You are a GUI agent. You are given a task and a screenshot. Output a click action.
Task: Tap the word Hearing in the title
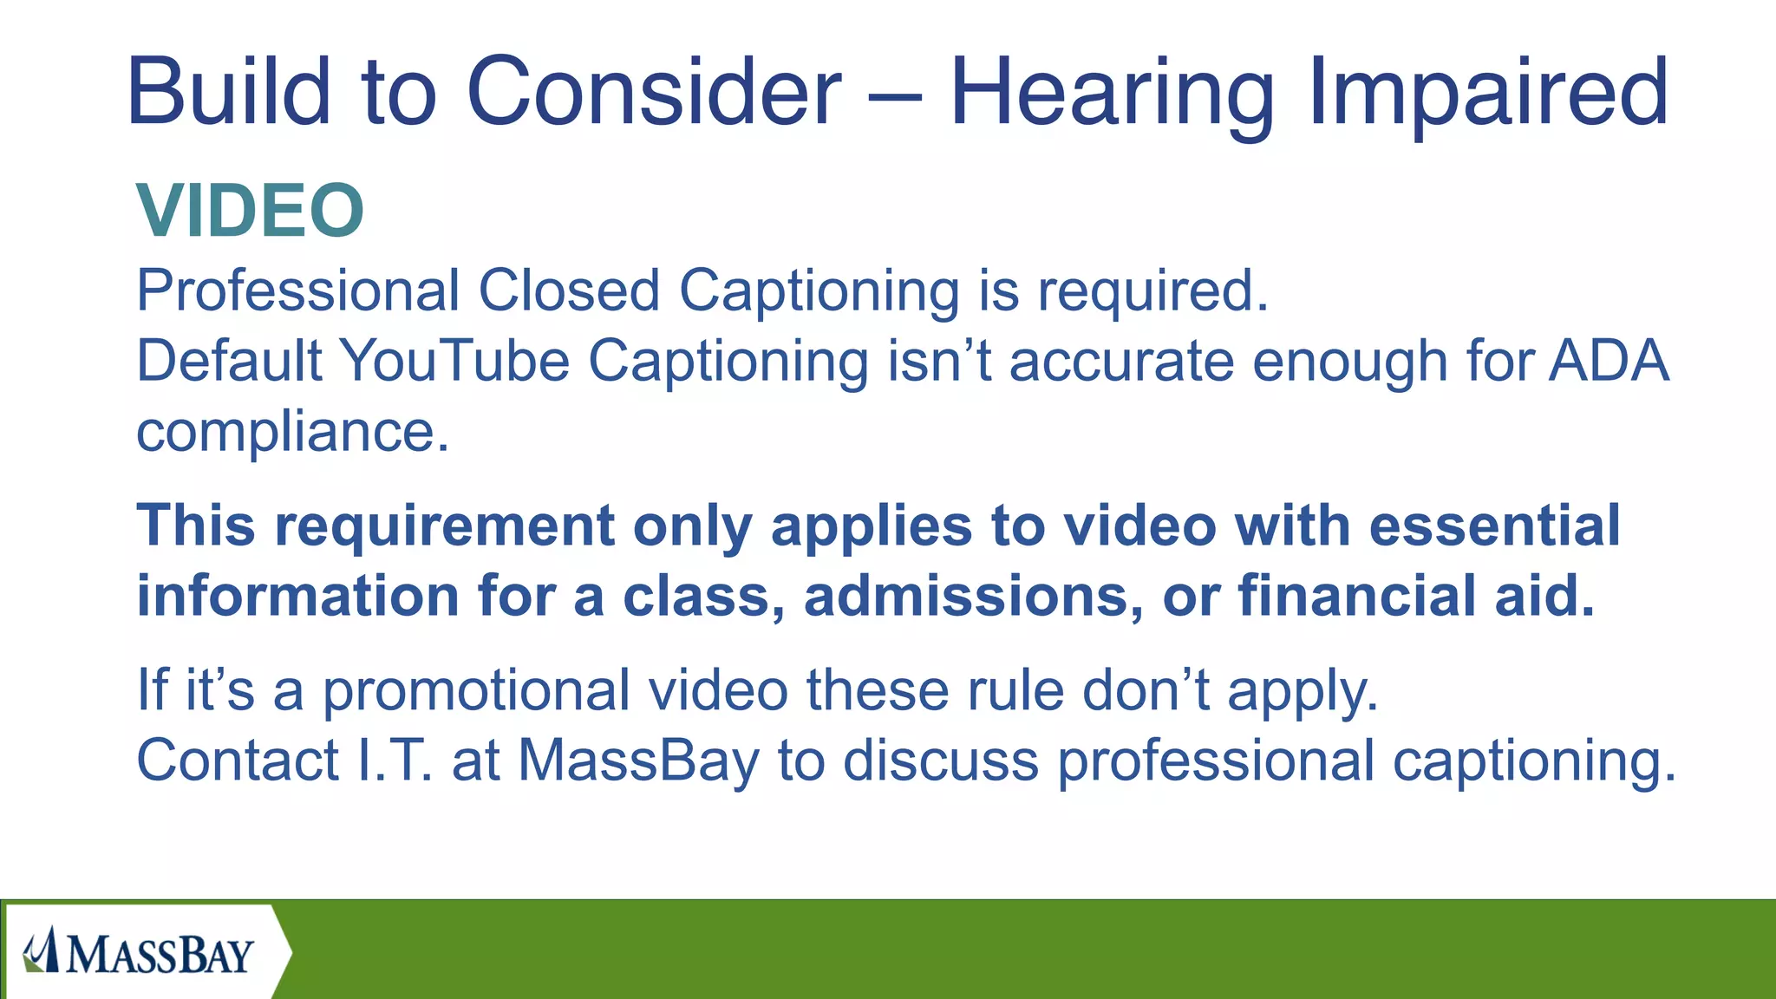(1113, 91)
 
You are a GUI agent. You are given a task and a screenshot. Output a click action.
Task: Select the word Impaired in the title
(1488, 91)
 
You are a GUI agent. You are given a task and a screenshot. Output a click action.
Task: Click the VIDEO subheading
(250, 211)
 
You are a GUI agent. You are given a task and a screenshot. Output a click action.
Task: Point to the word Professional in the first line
(297, 291)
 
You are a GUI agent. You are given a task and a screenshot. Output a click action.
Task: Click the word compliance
(291, 432)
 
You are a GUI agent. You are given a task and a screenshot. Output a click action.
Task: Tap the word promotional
(476, 691)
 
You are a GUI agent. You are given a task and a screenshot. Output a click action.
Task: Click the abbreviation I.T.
(395, 761)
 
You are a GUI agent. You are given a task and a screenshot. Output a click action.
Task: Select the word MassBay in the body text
(638, 761)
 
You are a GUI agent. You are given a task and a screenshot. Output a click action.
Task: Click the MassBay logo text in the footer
(160, 955)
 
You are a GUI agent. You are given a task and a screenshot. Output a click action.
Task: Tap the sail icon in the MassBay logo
(41, 950)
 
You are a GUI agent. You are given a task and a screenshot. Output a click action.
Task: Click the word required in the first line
(1152, 291)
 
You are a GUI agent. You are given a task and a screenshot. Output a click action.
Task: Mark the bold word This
(196, 526)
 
